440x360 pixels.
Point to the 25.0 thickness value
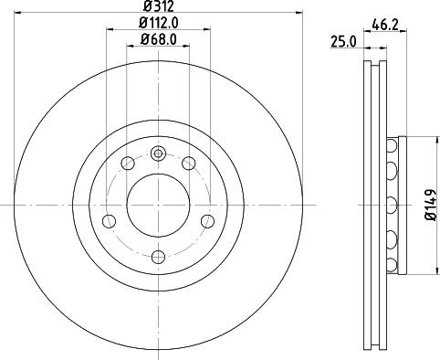pos(342,41)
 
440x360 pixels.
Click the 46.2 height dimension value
pos(383,26)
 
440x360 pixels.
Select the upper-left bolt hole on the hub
pos(128,163)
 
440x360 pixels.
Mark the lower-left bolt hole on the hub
pos(110,221)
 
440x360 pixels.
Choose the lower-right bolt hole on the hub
pos(207,221)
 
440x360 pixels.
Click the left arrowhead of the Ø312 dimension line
pos(19,13)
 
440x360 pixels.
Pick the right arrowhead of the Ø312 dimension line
pos(299,13)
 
